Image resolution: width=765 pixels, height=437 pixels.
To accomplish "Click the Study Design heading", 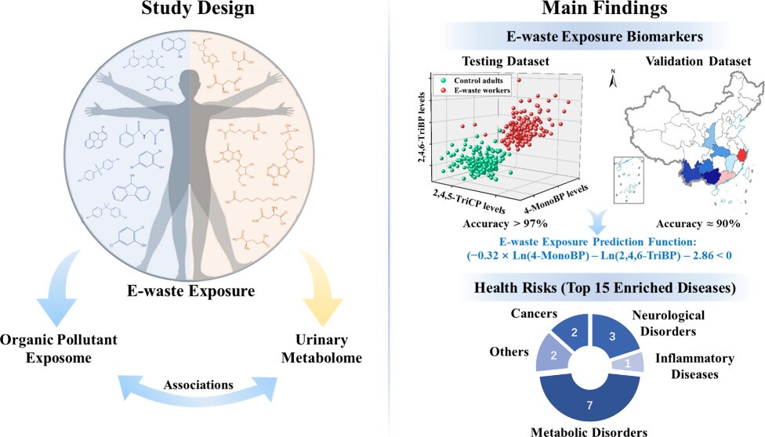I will click(187, 11).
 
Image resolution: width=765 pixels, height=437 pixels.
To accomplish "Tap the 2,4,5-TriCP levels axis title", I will click(469, 203).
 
